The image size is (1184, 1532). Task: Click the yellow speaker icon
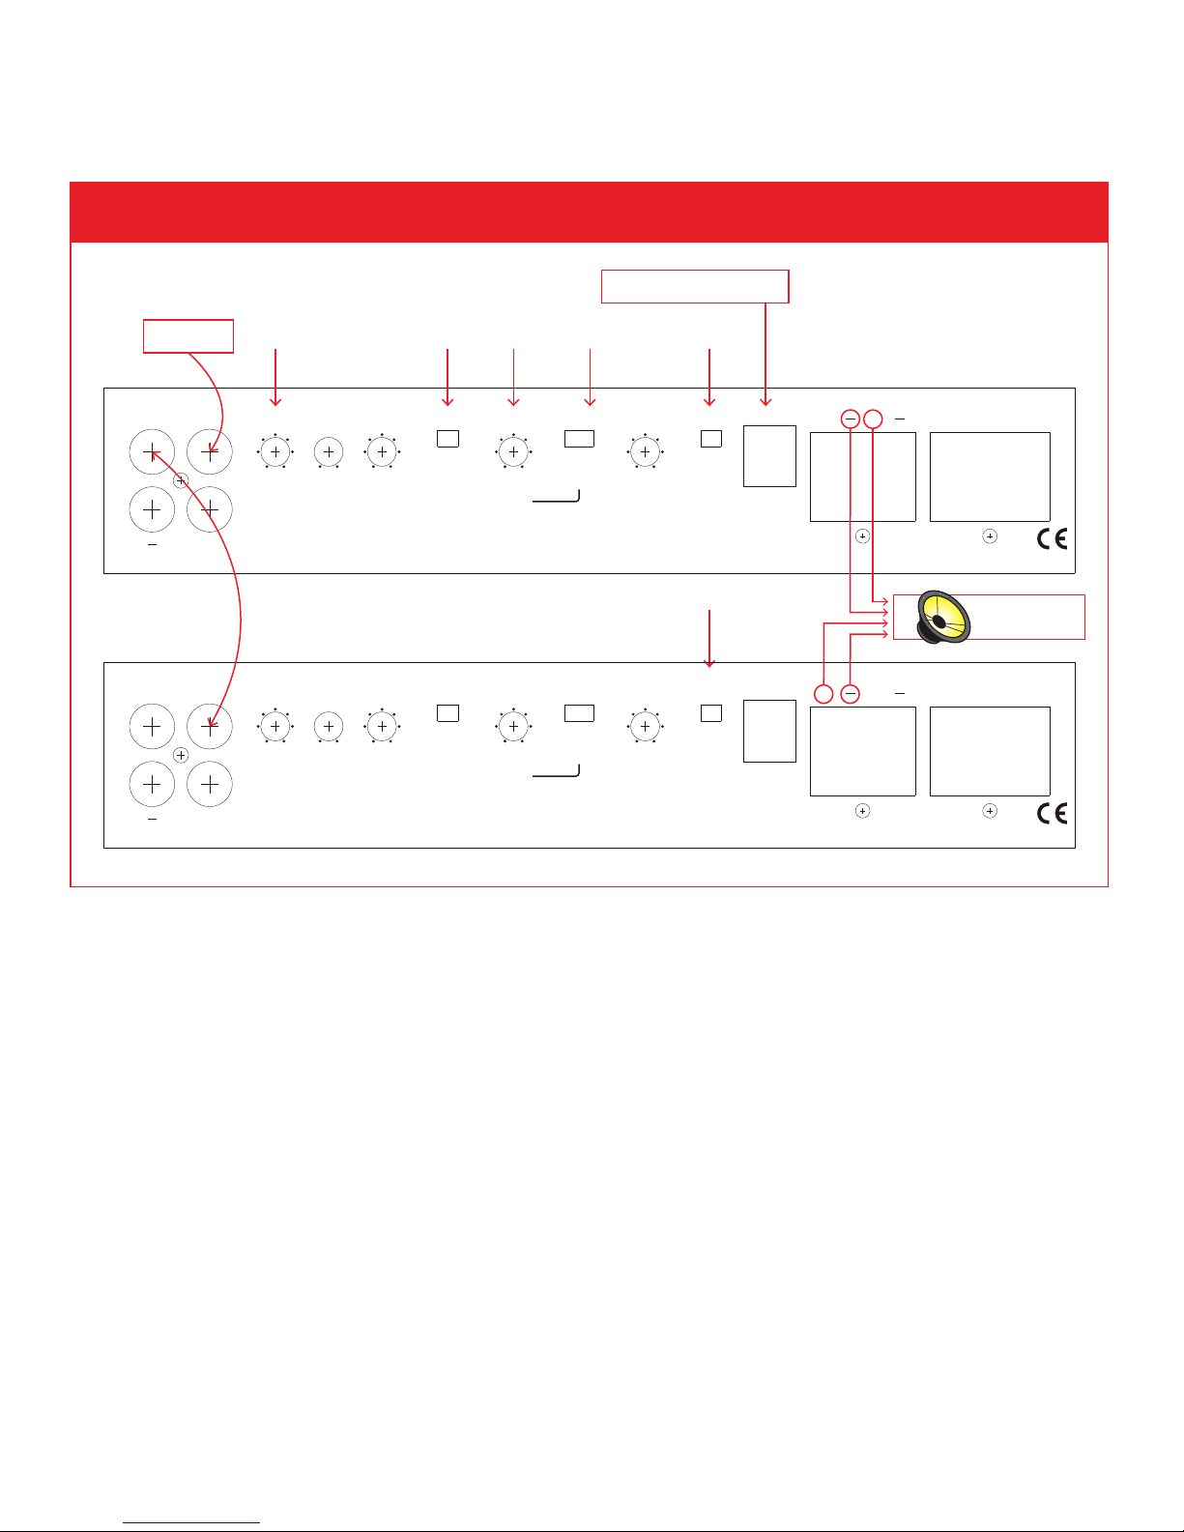click(943, 617)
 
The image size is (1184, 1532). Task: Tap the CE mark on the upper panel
click(1052, 538)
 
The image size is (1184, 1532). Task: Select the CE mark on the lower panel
click(1052, 813)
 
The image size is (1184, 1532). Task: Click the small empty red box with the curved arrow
click(188, 335)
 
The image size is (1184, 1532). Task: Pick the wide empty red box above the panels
click(695, 286)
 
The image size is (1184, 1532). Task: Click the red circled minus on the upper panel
click(850, 419)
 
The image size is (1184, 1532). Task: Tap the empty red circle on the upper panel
click(873, 419)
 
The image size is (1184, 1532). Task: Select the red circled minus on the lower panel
click(850, 693)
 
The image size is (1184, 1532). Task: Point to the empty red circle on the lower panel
click(823, 693)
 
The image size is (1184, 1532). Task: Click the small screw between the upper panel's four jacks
click(181, 480)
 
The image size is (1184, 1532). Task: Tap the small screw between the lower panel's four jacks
click(181, 755)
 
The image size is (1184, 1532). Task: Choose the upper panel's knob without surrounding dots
click(329, 451)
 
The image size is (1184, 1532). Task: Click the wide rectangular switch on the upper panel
click(579, 438)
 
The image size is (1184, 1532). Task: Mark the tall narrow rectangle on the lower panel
click(769, 731)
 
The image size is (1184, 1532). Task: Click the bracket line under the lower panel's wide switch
click(556, 774)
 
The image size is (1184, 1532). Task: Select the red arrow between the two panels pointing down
click(710, 638)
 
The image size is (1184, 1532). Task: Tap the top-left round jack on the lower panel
click(152, 726)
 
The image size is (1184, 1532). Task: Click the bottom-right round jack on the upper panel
click(209, 509)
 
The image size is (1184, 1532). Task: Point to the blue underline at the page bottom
click(191, 1522)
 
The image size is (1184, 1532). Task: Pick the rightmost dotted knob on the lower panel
click(645, 726)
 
